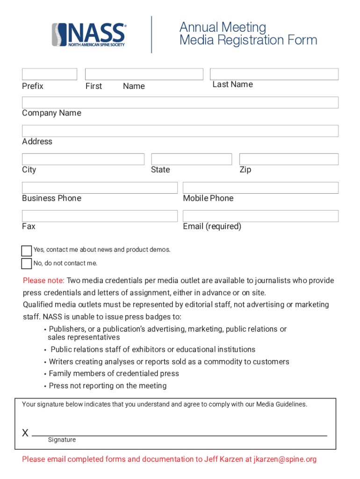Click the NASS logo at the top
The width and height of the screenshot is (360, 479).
click(89, 35)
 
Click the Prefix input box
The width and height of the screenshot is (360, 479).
click(50, 74)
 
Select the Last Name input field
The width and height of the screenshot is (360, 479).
click(274, 74)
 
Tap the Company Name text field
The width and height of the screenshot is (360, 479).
click(180, 102)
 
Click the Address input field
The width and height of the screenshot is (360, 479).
click(180, 131)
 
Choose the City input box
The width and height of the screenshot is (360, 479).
click(83, 159)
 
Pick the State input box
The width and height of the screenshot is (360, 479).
click(192, 159)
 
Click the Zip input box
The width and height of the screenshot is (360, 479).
click(289, 159)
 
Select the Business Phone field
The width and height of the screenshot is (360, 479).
click(100, 188)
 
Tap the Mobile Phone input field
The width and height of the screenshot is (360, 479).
click(260, 188)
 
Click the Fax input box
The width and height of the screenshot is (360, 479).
click(100, 216)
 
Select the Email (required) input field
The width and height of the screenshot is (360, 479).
click(260, 216)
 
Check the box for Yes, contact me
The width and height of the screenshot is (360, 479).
click(27, 251)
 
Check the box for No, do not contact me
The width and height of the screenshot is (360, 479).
click(27, 264)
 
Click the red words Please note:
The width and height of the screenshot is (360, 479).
click(44, 281)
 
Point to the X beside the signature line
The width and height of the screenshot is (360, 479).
click(25, 433)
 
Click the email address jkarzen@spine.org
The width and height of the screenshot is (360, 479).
click(285, 459)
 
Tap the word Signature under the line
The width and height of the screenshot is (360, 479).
click(62, 440)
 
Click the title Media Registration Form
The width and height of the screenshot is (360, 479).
click(248, 40)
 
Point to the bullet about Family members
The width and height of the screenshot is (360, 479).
click(114, 374)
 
